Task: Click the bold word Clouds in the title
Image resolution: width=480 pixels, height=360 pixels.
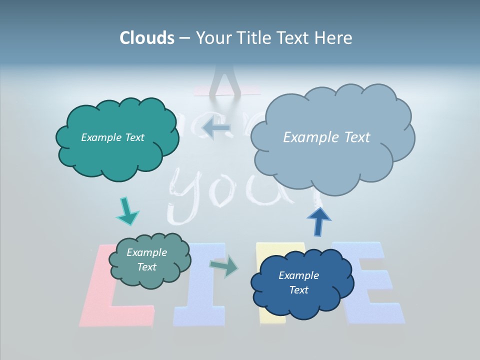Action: pyautogui.click(x=147, y=38)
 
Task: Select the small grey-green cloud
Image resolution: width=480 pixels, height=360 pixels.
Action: pyautogui.click(x=149, y=260)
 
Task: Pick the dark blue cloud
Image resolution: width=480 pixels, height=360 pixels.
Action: pyautogui.click(x=302, y=283)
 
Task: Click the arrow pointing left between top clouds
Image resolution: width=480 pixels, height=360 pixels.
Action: pyautogui.click(x=216, y=128)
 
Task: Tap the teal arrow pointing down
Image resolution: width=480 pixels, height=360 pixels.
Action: pyautogui.click(x=127, y=211)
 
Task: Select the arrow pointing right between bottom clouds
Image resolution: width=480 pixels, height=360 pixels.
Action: pyautogui.click(x=223, y=266)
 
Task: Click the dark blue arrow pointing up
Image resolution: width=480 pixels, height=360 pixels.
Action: pyautogui.click(x=318, y=220)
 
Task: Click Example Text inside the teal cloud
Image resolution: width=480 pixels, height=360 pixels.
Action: pyautogui.click(x=112, y=137)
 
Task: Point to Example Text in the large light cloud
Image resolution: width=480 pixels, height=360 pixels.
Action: pyautogui.click(x=326, y=137)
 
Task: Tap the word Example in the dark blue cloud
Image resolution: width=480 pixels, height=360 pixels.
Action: pyautogui.click(x=298, y=275)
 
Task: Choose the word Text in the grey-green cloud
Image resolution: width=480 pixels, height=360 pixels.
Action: pyautogui.click(x=146, y=267)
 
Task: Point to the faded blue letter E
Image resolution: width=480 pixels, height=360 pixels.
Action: pyautogui.click(x=372, y=285)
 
